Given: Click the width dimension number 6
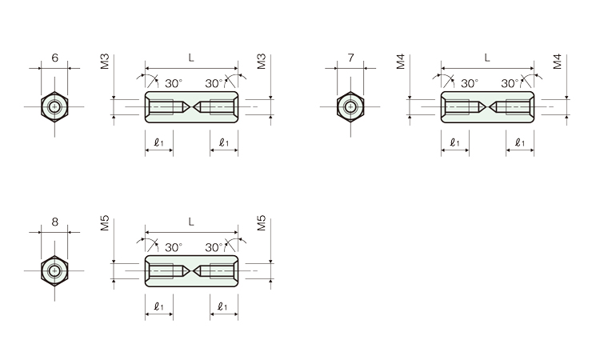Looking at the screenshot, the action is [x=54, y=58].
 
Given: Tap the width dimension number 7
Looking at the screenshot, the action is [x=351, y=58].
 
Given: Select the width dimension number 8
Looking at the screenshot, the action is [x=54, y=222].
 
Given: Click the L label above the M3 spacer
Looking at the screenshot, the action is [x=191, y=58].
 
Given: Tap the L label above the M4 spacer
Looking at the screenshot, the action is [x=487, y=58].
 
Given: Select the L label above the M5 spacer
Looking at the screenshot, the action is [x=191, y=222].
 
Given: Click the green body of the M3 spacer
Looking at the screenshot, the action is [x=191, y=95].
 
